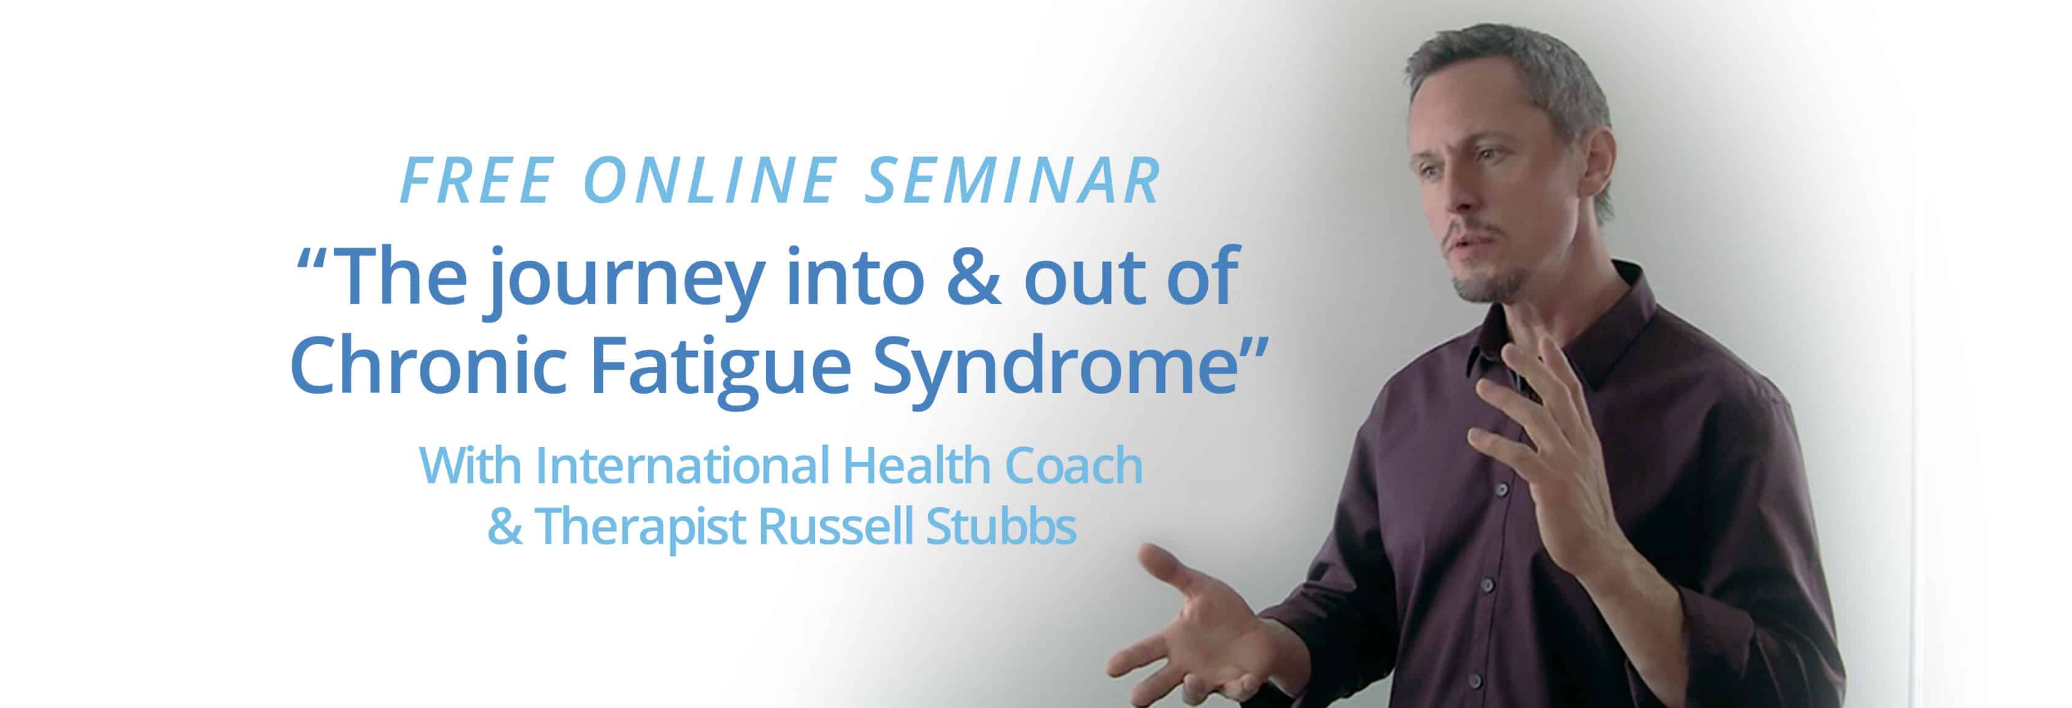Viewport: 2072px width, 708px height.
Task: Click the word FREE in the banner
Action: click(x=477, y=180)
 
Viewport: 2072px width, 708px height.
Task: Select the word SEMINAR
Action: click(x=1013, y=180)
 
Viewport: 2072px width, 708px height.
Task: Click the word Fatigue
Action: click(x=721, y=370)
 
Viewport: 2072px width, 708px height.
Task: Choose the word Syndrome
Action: click(x=1055, y=370)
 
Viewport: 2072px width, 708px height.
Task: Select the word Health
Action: click(x=916, y=465)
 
